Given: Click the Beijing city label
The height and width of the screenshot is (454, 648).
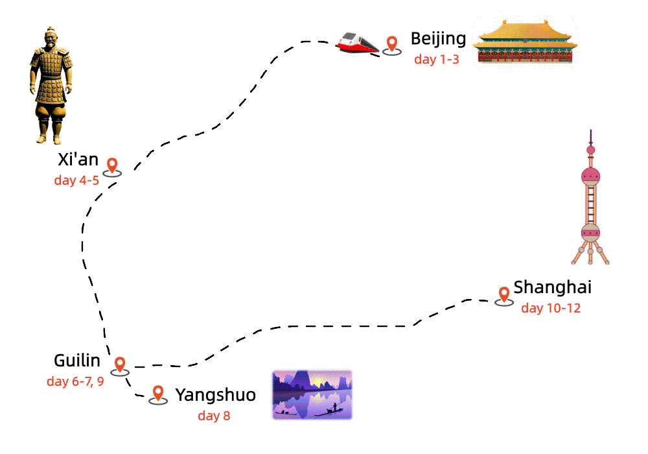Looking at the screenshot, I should click(438, 39).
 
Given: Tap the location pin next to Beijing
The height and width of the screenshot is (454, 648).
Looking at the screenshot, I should click(391, 44).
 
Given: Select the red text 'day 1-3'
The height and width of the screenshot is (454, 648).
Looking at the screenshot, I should click(436, 60).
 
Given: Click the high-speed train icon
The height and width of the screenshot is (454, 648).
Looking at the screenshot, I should click(357, 43).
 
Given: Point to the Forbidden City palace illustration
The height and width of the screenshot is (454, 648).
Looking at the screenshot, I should click(524, 42).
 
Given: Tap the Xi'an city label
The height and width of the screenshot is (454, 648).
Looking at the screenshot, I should click(78, 160).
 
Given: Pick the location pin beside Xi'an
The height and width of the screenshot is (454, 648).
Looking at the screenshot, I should click(113, 165).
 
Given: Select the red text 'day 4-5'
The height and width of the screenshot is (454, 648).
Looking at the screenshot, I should click(76, 180).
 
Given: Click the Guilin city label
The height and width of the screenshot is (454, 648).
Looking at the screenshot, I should click(77, 361).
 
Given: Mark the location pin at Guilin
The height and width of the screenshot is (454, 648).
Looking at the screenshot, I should click(120, 364).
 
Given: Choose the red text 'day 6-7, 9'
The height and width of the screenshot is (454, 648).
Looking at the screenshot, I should click(75, 381).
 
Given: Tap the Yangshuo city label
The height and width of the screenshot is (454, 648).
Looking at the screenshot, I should click(215, 395).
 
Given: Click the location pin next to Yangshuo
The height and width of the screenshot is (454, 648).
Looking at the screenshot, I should click(157, 394).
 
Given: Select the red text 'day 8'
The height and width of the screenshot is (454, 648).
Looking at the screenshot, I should click(214, 416).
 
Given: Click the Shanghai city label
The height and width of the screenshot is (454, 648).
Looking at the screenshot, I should click(552, 287).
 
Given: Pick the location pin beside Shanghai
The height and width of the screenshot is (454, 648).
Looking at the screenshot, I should click(503, 294).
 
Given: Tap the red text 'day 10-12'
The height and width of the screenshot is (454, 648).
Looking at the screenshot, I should click(551, 308).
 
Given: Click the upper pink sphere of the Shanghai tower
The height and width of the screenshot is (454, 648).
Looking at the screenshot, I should click(590, 175).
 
